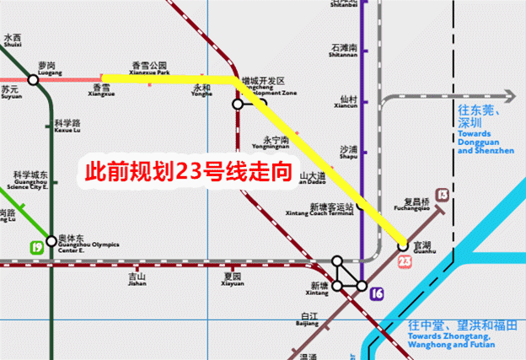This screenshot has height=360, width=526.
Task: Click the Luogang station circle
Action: (x=34, y=79)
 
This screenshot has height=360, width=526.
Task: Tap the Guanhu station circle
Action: (x=403, y=245)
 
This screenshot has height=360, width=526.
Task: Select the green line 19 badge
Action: (x=36, y=247)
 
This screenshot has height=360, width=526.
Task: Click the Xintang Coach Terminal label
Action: (x=330, y=210)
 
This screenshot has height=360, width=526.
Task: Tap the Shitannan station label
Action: (x=345, y=53)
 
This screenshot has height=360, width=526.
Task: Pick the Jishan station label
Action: (x=137, y=280)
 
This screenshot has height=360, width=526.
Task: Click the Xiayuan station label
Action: (x=233, y=280)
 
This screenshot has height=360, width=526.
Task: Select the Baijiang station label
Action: (x=308, y=319)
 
